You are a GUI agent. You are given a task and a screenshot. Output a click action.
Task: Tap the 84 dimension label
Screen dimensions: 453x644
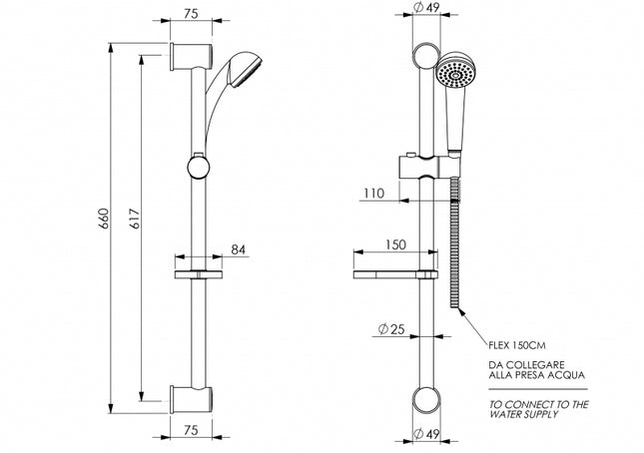(239, 248)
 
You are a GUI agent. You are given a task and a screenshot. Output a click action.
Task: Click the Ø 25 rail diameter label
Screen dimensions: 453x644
(391, 328)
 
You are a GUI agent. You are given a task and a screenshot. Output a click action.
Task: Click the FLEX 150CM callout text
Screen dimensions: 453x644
(517, 344)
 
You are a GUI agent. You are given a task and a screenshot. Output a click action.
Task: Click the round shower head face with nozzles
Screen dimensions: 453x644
(455, 75)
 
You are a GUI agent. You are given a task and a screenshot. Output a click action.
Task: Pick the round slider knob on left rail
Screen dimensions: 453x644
(199, 166)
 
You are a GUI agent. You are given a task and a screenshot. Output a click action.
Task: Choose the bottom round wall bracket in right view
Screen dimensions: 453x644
(425, 399)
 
